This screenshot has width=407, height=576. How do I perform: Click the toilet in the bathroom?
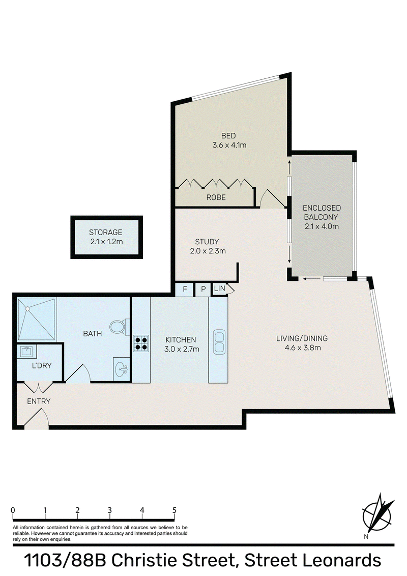(x=120, y=327)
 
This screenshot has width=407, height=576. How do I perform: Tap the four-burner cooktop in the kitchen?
(x=141, y=343)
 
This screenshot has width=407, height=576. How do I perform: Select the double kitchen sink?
(x=219, y=342)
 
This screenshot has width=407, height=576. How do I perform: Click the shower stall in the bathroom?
(x=37, y=319)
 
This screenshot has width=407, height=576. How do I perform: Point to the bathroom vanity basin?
(x=122, y=369)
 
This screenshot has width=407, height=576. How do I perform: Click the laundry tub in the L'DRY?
(x=27, y=352)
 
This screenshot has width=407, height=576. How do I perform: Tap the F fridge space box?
(x=184, y=290)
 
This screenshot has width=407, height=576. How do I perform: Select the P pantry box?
(x=203, y=290)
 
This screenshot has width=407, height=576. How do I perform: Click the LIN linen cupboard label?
(x=219, y=289)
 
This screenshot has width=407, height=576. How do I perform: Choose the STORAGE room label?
(x=105, y=232)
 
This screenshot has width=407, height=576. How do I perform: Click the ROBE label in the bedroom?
(x=216, y=197)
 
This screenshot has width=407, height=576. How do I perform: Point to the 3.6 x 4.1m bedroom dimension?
(x=229, y=145)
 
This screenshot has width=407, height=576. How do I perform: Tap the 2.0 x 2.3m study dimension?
(x=208, y=251)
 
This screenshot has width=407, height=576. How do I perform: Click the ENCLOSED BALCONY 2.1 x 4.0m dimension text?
(x=322, y=226)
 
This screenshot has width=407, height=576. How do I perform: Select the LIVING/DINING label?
(x=302, y=338)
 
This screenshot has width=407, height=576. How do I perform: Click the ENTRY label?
(x=39, y=401)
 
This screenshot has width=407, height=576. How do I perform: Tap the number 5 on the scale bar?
(x=175, y=510)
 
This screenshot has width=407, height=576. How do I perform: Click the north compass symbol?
(x=377, y=515)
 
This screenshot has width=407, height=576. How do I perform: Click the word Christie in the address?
(x=146, y=561)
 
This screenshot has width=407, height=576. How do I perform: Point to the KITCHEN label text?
(x=181, y=340)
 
